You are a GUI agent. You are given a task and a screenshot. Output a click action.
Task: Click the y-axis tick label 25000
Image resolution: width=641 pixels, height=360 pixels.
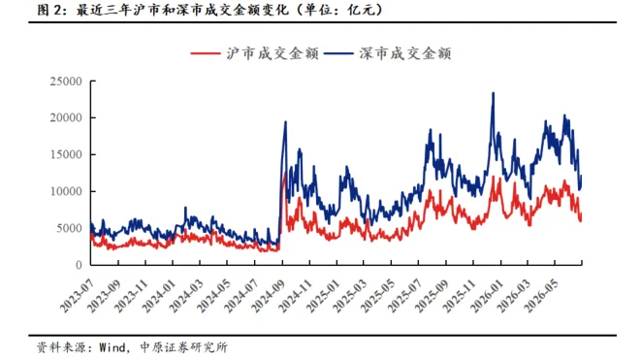pos(66,82)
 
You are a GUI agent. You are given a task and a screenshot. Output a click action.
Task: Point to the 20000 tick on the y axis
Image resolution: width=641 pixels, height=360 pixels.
pos(66,117)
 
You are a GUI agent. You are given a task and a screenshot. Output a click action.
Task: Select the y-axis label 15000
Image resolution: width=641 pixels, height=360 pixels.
pos(66,154)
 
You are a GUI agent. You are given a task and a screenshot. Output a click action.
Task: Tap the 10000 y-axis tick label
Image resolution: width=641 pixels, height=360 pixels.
pos(66,191)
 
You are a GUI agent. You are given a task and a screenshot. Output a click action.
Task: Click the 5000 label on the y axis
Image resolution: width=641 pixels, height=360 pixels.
pos(69,228)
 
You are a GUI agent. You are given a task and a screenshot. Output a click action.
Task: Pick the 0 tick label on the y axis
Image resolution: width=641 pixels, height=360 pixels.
pos(79,265)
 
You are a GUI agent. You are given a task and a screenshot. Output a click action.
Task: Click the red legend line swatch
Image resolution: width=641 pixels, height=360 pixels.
pos(206,53)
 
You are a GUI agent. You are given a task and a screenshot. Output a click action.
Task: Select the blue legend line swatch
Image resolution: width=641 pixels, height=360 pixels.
pos(338,53)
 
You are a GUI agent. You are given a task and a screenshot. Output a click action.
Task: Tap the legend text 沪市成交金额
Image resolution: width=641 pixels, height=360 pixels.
pos(272,53)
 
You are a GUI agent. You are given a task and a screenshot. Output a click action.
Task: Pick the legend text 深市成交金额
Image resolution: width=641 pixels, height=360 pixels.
pos(405,53)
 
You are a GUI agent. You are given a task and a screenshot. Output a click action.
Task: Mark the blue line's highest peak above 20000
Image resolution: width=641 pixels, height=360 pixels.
pos(493,93)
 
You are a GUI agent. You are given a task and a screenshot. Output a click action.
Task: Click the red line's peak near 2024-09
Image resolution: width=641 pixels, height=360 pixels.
pos(284,174)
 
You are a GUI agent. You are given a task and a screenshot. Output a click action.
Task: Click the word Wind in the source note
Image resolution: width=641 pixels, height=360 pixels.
pos(112,347)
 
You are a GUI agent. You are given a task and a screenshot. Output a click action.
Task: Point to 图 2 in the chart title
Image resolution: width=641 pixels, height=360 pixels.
pos(48,10)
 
